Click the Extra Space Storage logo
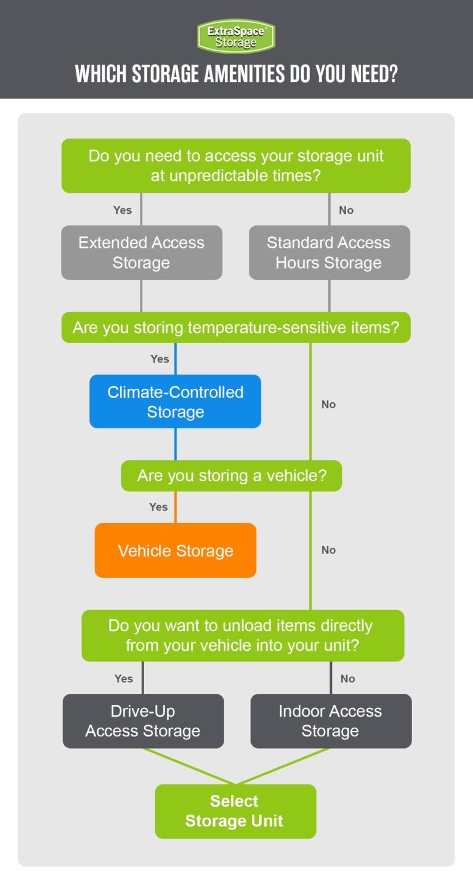236,36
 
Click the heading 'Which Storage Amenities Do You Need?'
236,74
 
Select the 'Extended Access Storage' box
142,253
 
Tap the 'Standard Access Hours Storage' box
329,253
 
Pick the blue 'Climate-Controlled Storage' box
176,402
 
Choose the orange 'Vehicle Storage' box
176,551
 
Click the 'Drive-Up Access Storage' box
143,721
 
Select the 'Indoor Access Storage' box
331,721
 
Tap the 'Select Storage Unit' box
235,811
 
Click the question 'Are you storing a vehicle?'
232,476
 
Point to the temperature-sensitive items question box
236,327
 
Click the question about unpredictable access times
236,165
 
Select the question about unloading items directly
243,635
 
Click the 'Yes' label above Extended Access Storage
123,210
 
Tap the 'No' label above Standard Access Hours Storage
346,210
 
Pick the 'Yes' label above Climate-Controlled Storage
160,359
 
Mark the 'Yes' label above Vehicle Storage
158,507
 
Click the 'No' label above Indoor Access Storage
348,678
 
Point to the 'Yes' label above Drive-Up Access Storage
124,678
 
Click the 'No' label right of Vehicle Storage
329,550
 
